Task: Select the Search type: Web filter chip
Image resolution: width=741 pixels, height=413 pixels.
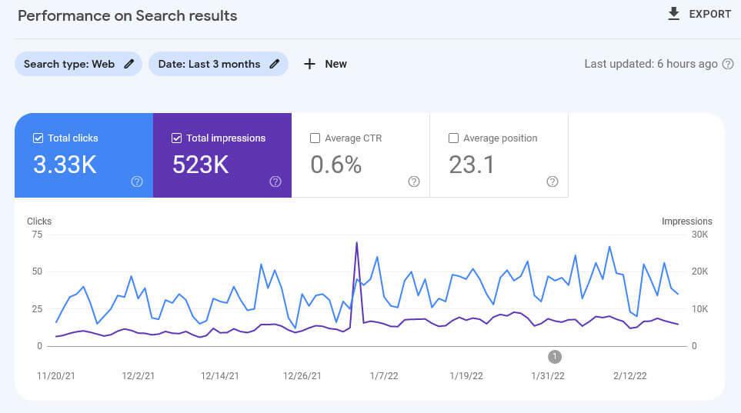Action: tap(78, 64)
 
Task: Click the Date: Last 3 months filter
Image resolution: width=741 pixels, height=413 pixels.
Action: tap(218, 64)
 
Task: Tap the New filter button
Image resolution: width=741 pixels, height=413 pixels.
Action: tap(325, 64)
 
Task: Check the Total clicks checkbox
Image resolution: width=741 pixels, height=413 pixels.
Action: tap(38, 138)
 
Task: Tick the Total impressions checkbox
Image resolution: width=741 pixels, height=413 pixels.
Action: tap(176, 138)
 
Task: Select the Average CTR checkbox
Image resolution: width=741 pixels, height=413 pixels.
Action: tap(315, 138)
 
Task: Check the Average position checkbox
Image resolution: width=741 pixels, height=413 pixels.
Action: tap(453, 138)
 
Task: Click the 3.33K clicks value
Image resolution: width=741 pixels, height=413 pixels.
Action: tap(65, 165)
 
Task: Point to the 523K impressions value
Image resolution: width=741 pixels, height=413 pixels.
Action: tap(200, 165)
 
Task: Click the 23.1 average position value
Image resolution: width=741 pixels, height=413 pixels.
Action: tap(471, 165)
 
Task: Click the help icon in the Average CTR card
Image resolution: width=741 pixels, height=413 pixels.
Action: tap(414, 182)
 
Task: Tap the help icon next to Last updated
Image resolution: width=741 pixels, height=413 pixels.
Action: tap(728, 64)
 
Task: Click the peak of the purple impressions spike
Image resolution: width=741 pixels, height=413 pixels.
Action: tap(356, 243)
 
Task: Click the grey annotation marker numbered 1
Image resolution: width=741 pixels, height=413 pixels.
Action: tap(555, 356)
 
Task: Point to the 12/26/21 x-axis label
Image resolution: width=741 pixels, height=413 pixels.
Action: tap(302, 376)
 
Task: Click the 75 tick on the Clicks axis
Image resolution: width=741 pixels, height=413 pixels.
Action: tap(36, 235)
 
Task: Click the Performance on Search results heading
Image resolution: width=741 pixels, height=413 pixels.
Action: tap(127, 15)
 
